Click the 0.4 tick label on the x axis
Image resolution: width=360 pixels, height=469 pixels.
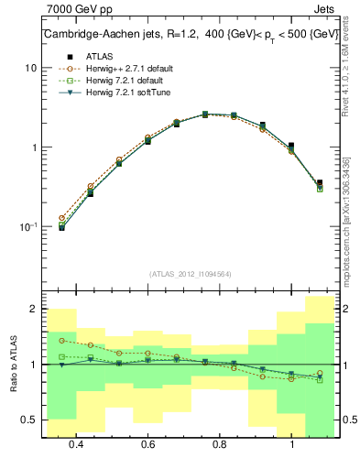click(x=76, y=444)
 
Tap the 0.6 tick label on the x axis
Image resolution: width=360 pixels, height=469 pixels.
click(x=147, y=444)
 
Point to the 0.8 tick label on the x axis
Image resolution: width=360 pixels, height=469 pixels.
click(x=220, y=444)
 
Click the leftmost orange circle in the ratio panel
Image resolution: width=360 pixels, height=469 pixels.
click(x=61, y=341)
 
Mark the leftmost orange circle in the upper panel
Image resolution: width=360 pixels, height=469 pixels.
click(x=61, y=218)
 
